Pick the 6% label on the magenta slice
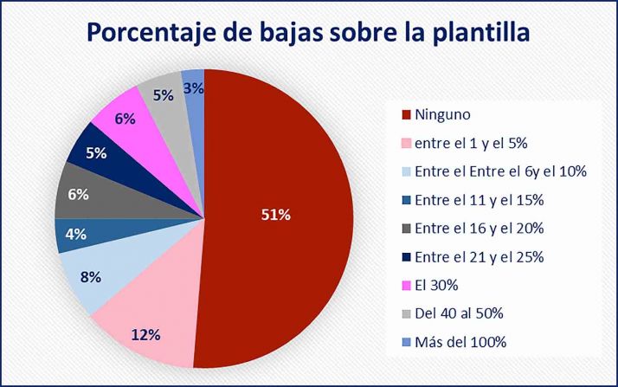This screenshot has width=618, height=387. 125,119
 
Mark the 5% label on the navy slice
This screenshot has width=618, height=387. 96,153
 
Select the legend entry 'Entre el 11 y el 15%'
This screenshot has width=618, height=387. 479,200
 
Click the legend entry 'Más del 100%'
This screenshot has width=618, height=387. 460,342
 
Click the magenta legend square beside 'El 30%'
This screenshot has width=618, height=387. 405,286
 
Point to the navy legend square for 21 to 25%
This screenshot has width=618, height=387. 405,257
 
